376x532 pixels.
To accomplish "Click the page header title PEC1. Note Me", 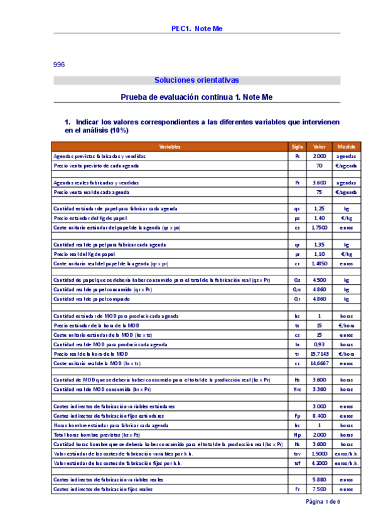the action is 197,28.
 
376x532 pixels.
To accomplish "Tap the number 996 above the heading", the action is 59,65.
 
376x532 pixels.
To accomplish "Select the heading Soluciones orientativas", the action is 196,80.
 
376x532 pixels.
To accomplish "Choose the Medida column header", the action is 346,146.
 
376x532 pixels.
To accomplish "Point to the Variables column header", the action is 169,146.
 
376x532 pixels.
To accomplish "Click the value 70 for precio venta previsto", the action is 320,165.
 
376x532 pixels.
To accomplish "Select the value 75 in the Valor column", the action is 320,192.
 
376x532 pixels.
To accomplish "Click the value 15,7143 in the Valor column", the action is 320,354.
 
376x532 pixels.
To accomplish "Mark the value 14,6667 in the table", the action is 320,363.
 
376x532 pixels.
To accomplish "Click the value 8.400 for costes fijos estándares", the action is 320,415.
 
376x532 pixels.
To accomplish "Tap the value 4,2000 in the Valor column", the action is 320,462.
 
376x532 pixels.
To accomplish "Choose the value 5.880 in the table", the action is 320,479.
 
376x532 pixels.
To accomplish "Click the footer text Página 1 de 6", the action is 323,502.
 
